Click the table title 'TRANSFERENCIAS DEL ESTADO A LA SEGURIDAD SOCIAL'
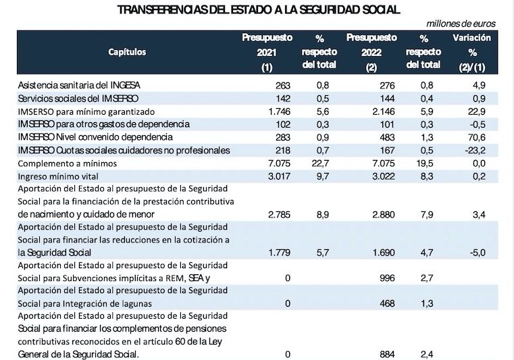coord(259,9)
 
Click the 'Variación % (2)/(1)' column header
coord(471,51)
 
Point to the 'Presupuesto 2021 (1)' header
coord(267,51)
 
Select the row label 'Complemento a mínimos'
coord(68,163)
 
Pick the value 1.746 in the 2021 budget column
coord(279,111)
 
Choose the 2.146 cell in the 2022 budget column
coord(381,111)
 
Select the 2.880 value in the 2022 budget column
coord(381,214)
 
